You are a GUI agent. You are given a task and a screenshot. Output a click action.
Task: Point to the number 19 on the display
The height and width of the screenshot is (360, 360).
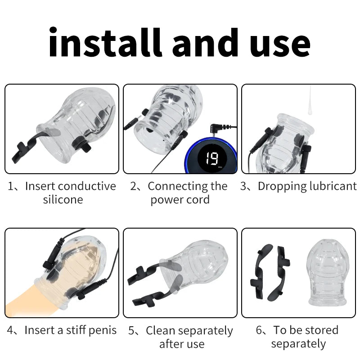pyautogui.click(x=211, y=158)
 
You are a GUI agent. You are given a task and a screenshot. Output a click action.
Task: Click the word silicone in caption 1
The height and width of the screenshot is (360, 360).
pyautogui.click(x=63, y=199)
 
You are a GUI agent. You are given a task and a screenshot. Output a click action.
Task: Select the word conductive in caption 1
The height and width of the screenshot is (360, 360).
pyautogui.click(x=87, y=186)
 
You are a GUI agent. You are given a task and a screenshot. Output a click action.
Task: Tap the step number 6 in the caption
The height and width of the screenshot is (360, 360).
pyautogui.click(x=260, y=330)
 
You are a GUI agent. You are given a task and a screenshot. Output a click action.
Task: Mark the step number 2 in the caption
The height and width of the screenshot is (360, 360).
pyautogui.click(x=134, y=186)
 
